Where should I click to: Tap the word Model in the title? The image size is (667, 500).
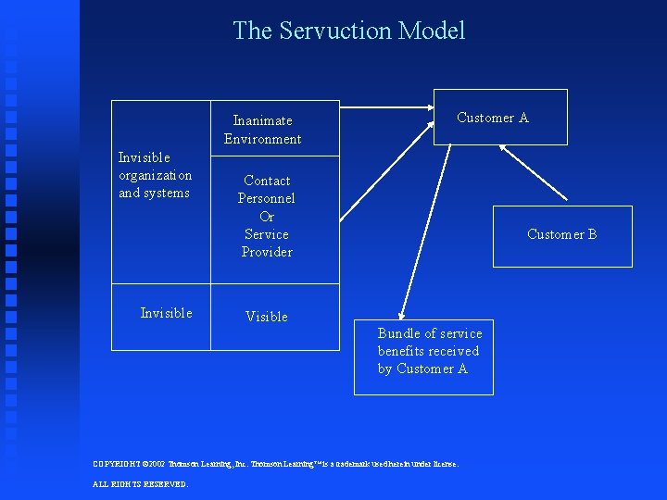click(x=432, y=31)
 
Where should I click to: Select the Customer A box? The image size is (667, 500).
click(x=500, y=118)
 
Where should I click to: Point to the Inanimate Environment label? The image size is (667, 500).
click(x=262, y=130)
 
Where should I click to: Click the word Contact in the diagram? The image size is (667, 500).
click(x=267, y=181)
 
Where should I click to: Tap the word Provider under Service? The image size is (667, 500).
click(x=267, y=252)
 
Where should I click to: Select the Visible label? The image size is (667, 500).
click(x=267, y=317)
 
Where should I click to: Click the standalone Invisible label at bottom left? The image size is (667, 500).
click(x=166, y=313)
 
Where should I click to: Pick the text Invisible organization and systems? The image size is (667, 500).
click(x=155, y=175)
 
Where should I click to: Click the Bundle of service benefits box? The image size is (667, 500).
click(x=423, y=356)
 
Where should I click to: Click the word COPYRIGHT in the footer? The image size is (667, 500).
click(x=118, y=464)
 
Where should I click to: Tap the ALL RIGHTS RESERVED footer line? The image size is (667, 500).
click(x=141, y=484)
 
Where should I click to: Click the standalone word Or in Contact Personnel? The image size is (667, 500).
click(x=267, y=217)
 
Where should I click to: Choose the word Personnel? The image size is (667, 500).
click(x=267, y=198)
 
